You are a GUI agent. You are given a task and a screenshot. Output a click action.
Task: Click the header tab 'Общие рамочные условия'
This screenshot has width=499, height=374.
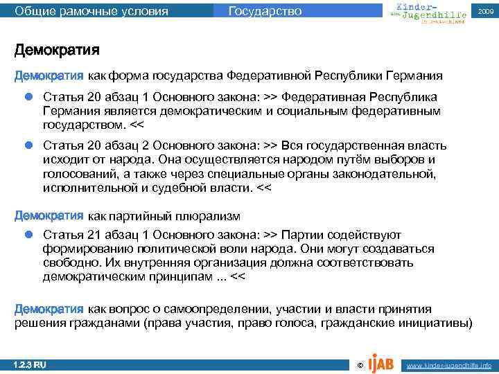click(x=91, y=10)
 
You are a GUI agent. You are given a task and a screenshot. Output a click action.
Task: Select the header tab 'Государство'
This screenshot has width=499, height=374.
click(x=265, y=10)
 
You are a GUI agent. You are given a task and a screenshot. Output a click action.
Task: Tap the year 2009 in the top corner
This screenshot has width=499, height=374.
click(x=484, y=10)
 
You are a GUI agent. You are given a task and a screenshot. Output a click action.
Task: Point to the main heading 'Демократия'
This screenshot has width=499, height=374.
click(x=57, y=51)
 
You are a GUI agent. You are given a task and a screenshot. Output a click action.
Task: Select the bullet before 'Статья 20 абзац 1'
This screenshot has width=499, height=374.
click(x=29, y=96)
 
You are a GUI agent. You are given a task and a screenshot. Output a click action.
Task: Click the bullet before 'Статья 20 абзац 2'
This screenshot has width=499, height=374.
click(x=29, y=145)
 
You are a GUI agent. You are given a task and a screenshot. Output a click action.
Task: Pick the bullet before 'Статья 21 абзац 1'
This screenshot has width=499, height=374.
click(x=29, y=235)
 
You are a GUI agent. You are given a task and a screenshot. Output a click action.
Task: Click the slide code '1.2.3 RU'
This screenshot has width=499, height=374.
click(x=30, y=364)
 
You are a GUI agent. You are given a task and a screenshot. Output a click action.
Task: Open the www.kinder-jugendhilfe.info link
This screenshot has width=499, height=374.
click(x=449, y=365)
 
